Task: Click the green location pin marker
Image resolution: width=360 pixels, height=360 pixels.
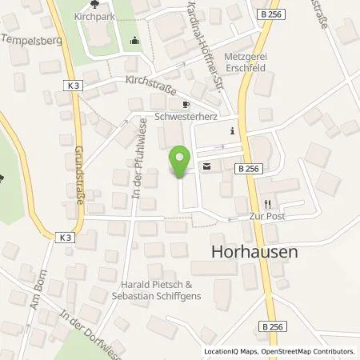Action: pyautogui.click(x=181, y=162)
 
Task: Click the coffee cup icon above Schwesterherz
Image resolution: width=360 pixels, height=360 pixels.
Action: pyautogui.click(x=186, y=104)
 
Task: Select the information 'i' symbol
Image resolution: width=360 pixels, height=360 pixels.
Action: pyautogui.click(x=231, y=131)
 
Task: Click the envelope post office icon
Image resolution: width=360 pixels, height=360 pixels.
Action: pyautogui.click(x=208, y=166)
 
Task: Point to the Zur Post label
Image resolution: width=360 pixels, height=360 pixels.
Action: pyautogui.click(x=269, y=216)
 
